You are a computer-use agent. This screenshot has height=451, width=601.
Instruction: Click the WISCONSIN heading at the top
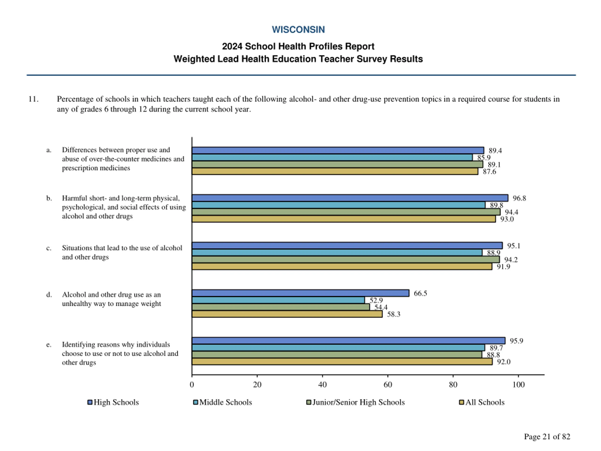point(298,30)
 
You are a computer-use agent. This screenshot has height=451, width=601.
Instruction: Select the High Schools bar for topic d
point(300,293)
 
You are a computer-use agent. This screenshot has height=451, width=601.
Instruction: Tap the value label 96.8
point(519,198)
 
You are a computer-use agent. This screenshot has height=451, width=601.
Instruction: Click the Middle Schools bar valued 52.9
point(278,300)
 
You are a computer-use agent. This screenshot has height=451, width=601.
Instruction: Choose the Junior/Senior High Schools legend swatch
point(308,402)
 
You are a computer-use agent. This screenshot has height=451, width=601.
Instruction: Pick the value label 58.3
point(393,314)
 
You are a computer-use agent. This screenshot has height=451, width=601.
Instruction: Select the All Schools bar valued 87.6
point(335,171)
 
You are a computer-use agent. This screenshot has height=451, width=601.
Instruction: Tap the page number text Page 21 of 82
point(547,436)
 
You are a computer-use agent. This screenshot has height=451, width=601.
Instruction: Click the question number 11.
point(33,99)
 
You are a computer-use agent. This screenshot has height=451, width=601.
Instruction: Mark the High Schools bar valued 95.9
point(348,341)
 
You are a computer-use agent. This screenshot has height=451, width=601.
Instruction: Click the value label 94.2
point(511,260)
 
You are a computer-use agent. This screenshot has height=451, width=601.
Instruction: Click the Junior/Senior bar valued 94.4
point(346,212)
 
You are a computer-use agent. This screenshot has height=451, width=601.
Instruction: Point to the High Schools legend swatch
point(90,402)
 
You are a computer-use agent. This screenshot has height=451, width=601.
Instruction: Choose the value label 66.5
point(420,293)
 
